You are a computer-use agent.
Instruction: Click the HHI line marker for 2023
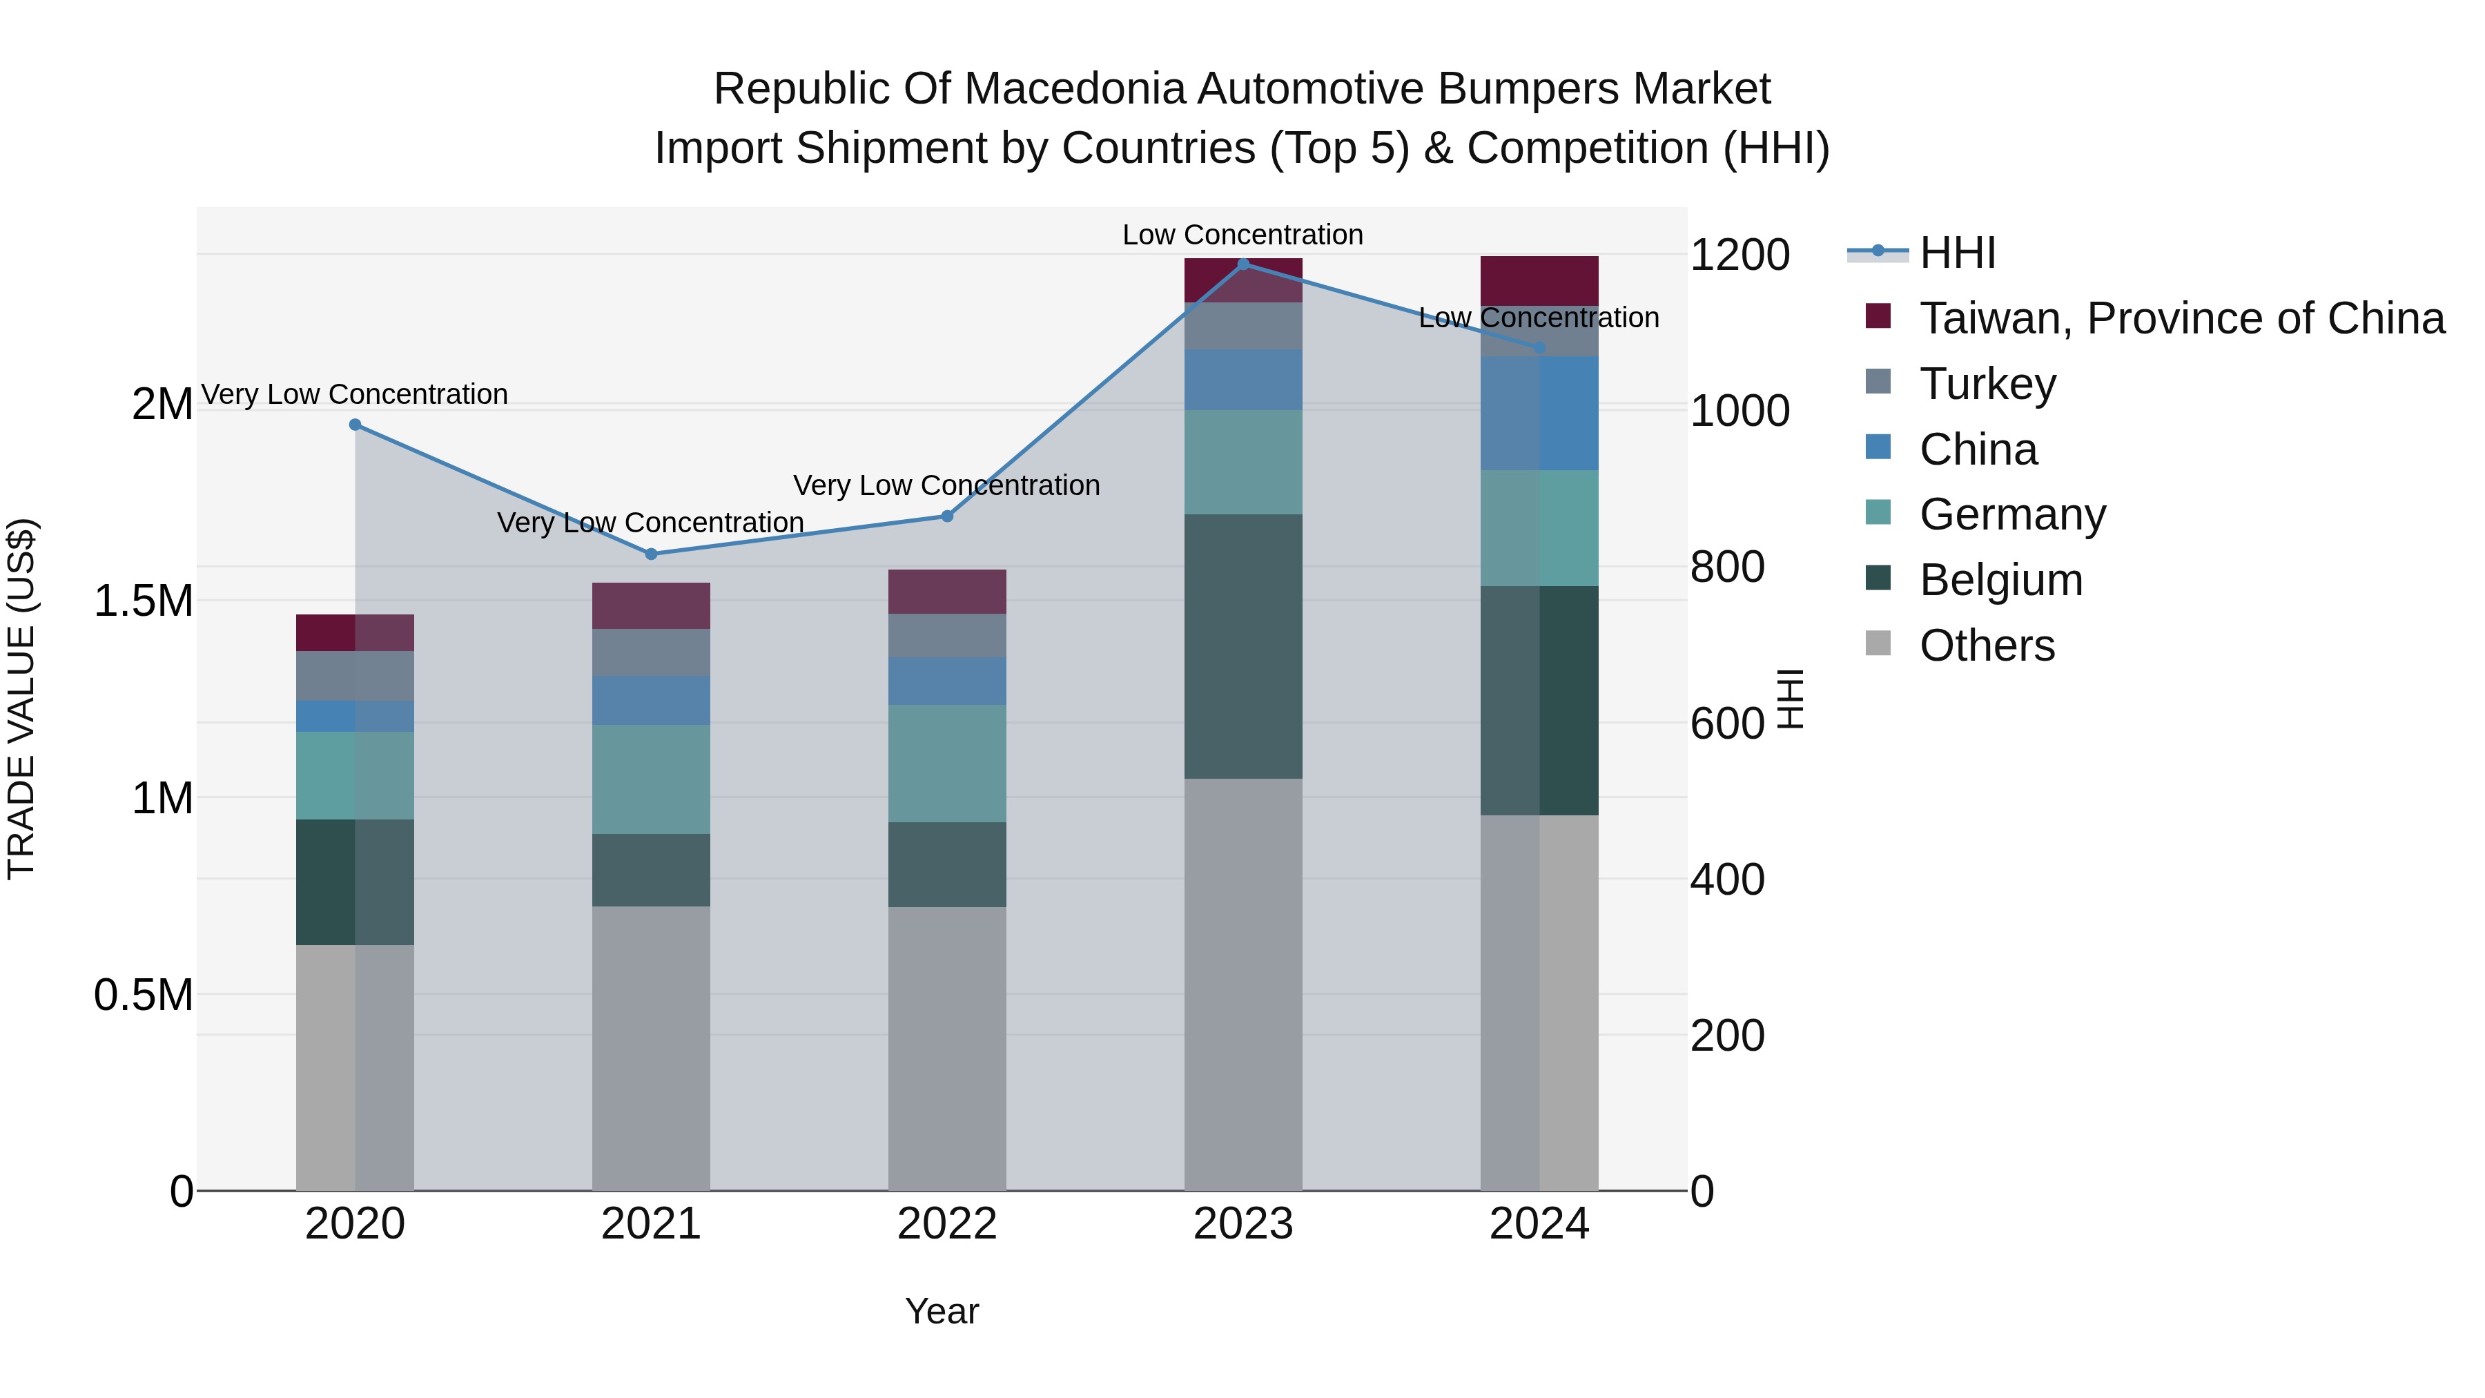[1242, 264]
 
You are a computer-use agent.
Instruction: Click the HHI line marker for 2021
[651, 554]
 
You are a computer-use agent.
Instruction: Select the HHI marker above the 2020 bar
[355, 425]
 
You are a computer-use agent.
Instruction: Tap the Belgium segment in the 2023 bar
[1242, 646]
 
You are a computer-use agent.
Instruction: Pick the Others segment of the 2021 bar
[651, 1047]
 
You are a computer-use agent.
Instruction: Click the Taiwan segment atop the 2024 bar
[1539, 281]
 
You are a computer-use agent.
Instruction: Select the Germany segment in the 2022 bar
[946, 763]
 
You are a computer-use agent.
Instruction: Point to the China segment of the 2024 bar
[1539, 413]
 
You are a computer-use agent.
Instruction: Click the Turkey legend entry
[1987, 384]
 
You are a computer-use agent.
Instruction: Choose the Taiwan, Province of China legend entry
[2180, 318]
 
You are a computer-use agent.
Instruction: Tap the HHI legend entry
[1956, 253]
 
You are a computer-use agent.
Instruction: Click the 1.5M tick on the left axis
[144, 601]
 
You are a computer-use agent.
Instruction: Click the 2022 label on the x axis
[946, 1224]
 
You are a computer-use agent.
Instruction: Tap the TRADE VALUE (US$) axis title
[21, 699]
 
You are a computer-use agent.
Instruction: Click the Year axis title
[942, 1311]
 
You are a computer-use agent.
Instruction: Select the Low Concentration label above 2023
[1242, 235]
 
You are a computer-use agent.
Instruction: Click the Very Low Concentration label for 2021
[650, 522]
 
